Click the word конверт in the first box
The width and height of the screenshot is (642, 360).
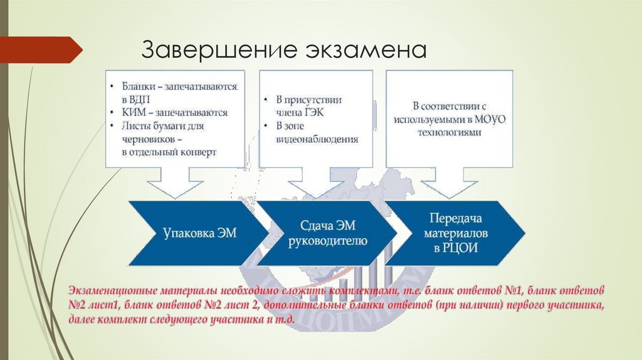(x=196, y=152)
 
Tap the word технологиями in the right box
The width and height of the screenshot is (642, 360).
(x=451, y=133)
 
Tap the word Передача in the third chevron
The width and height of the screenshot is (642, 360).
(x=455, y=219)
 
